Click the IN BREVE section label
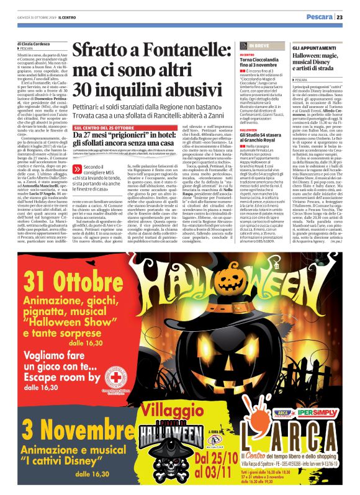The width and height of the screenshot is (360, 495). tap(261, 46)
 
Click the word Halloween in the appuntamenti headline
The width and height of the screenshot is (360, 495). tap(311, 56)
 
